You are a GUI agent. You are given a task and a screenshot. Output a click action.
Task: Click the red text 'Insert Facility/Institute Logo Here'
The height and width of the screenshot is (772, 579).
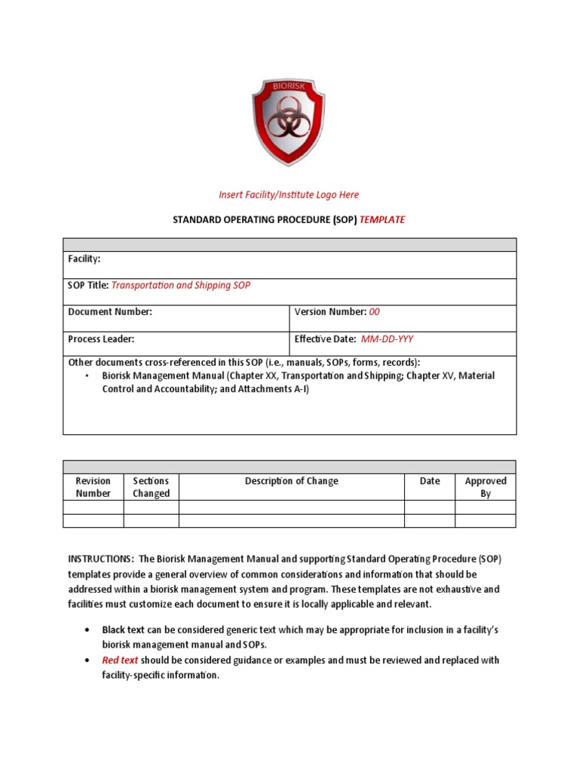289,195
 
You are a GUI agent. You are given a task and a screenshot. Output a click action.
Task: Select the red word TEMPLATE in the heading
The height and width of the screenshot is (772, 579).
382,219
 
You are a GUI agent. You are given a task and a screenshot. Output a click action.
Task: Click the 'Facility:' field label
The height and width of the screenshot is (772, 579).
84,259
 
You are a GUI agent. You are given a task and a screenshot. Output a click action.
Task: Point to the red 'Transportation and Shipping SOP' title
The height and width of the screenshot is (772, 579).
181,285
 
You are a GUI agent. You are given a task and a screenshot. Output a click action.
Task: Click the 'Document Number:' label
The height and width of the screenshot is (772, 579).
110,311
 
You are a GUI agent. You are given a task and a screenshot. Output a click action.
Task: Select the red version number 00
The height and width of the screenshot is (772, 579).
375,311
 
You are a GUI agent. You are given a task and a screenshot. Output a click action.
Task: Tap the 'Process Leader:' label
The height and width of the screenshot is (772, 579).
102,339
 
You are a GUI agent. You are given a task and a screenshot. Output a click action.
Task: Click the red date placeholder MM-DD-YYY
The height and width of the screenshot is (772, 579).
387,339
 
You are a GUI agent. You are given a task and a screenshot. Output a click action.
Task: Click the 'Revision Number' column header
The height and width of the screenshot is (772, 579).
93,487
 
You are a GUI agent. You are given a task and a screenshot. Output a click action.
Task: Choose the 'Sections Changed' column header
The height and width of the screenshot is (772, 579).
151,487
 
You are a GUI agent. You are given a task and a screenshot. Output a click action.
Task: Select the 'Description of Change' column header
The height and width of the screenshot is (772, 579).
292,481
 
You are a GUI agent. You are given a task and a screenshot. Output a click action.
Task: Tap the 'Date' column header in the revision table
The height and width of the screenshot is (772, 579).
430,481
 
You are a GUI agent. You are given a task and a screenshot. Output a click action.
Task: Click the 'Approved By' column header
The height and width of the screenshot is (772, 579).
486,487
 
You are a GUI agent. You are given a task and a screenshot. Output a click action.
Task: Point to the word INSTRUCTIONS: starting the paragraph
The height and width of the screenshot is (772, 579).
98,559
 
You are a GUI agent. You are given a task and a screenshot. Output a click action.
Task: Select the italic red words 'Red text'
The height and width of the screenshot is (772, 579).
121,660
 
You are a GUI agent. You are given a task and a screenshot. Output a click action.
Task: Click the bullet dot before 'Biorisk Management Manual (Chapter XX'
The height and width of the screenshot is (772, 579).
87,375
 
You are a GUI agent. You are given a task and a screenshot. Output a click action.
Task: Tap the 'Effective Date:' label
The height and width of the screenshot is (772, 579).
325,339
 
